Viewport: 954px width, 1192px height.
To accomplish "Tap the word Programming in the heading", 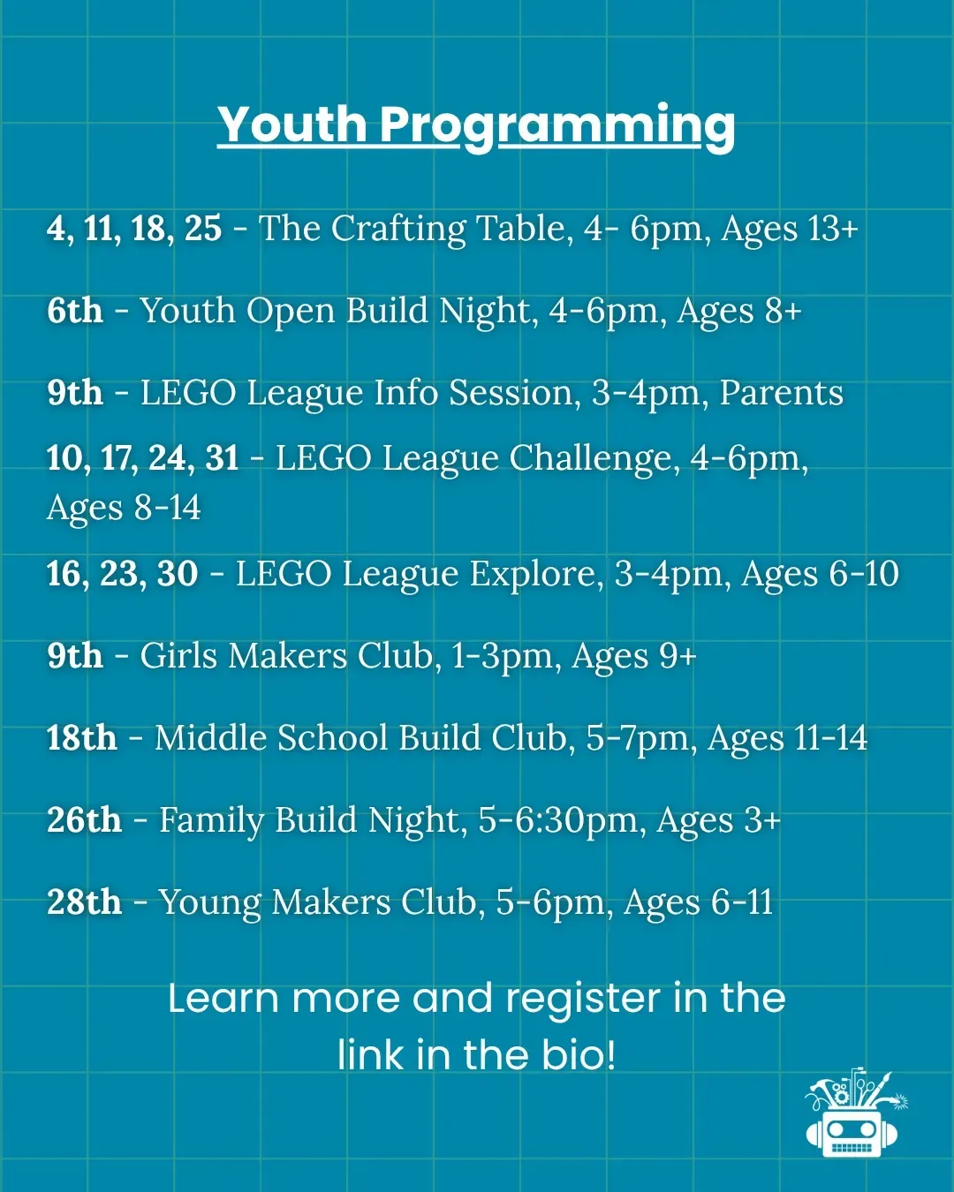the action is (x=558, y=127).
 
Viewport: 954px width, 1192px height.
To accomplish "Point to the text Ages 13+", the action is (x=790, y=228).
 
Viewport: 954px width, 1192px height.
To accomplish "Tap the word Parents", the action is (x=782, y=392).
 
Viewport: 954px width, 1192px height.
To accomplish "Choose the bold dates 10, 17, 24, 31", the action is (x=142, y=458).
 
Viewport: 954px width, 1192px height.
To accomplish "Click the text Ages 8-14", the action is (x=124, y=508).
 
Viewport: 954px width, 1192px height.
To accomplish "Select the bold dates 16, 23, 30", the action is (x=122, y=573).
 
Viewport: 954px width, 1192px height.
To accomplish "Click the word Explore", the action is (x=536, y=574).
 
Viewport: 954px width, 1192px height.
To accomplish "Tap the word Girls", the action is (x=178, y=656).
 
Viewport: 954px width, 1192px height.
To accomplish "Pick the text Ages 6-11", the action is (x=698, y=903).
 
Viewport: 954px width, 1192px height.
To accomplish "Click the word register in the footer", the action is (x=584, y=1000).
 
